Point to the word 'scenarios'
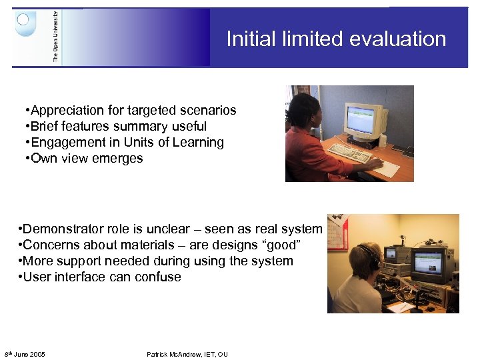click(208, 110)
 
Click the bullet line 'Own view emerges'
click(83, 158)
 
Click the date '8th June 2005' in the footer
click(25, 354)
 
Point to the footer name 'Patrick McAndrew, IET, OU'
click(187, 354)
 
